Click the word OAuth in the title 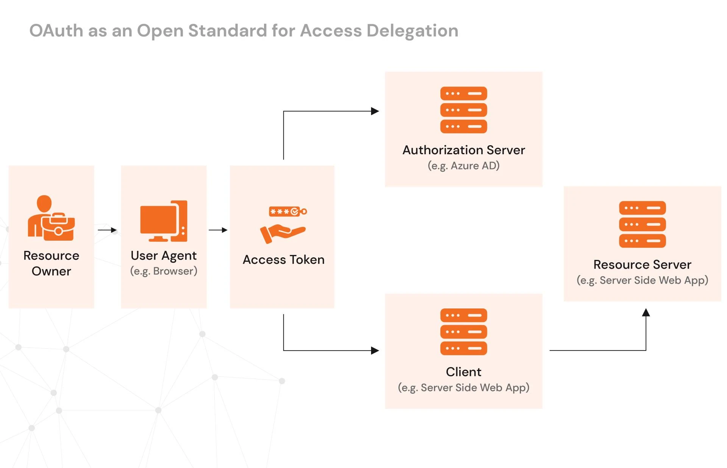pos(56,31)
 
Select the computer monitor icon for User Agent pos(158,222)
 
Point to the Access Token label pos(283,260)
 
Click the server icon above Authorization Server pos(463,110)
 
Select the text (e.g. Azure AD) pos(463,166)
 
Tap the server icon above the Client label pos(463,332)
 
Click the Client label pos(463,372)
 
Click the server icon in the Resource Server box pos(642,224)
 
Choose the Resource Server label pos(642,265)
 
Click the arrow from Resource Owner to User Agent pos(107,230)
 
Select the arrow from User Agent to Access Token pos(218,230)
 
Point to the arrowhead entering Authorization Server pos(375,111)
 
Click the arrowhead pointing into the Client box pos(375,351)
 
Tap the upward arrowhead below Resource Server pos(646,313)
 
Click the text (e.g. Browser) pos(164,271)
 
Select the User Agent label pos(164,256)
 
